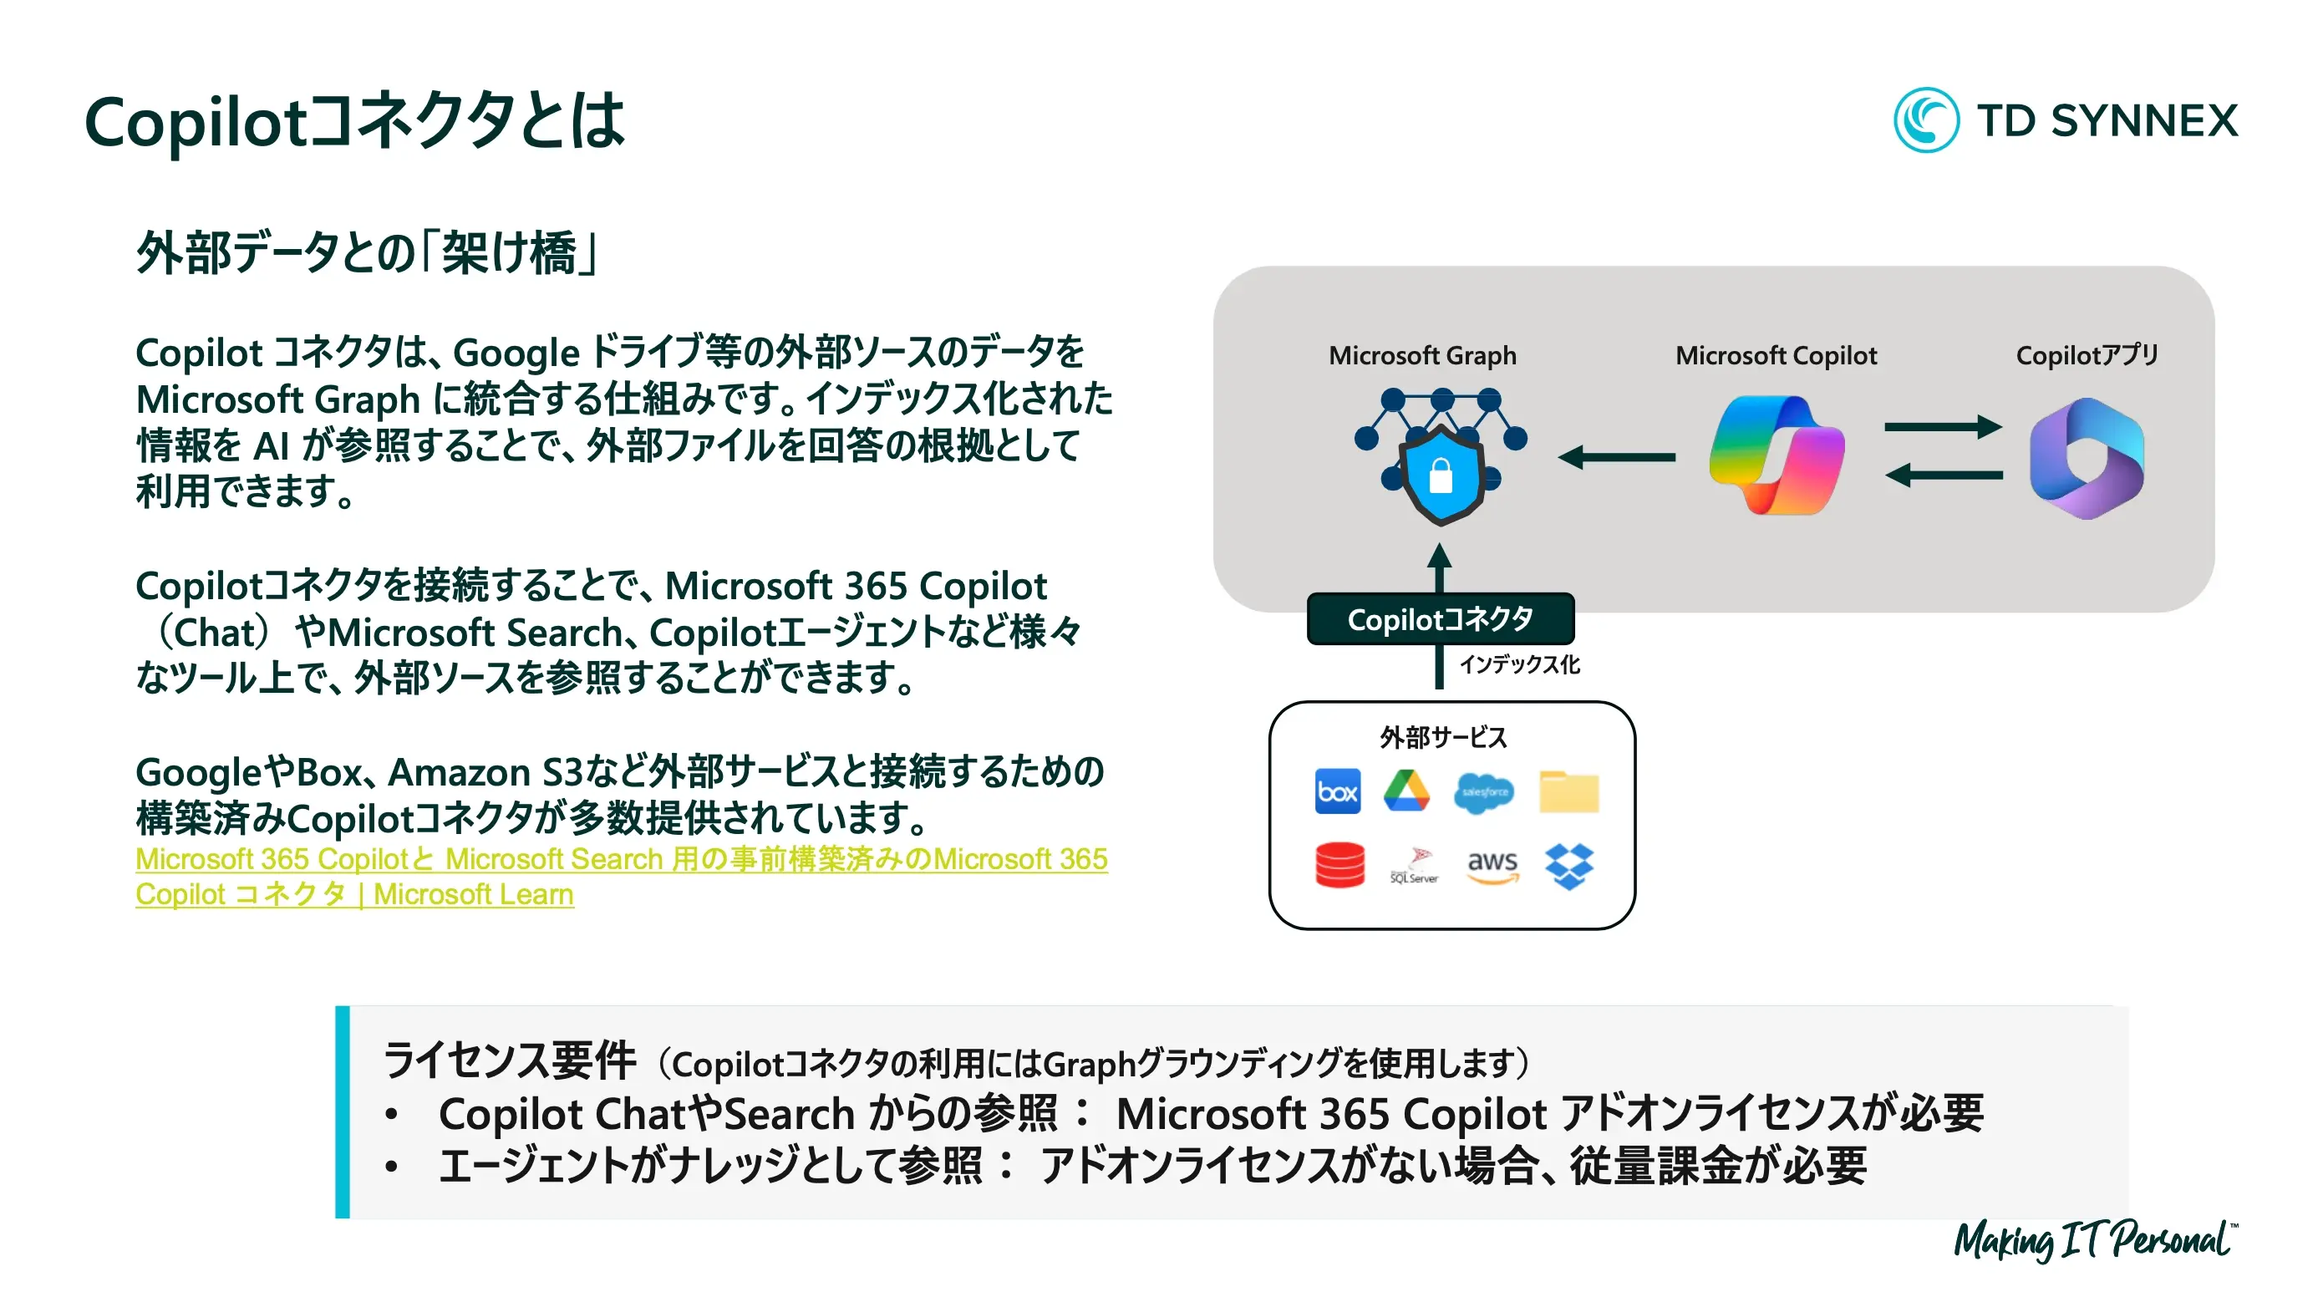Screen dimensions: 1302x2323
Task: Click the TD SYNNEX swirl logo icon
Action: click(x=1924, y=120)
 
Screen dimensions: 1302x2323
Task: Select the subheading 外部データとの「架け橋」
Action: click(x=366, y=252)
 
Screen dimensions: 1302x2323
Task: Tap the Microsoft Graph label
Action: click(x=1422, y=355)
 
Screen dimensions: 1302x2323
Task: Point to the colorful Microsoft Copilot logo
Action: click(x=1776, y=455)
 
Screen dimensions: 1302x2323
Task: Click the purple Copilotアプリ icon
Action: click(x=2086, y=458)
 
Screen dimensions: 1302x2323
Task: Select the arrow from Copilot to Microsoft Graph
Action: click(x=1616, y=457)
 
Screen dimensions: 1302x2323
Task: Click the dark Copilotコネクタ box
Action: click(x=1440, y=619)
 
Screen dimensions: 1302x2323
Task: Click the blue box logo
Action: click(x=1337, y=791)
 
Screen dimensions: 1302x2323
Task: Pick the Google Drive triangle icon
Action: click(x=1407, y=791)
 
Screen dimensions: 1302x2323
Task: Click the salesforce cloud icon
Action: click(x=1483, y=791)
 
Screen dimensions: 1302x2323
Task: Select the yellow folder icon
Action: click(x=1568, y=791)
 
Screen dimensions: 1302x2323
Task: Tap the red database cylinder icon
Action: click(x=1339, y=866)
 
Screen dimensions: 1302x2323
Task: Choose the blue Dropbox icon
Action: click(x=1569, y=866)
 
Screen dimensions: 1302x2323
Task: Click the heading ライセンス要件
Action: click(x=510, y=1060)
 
